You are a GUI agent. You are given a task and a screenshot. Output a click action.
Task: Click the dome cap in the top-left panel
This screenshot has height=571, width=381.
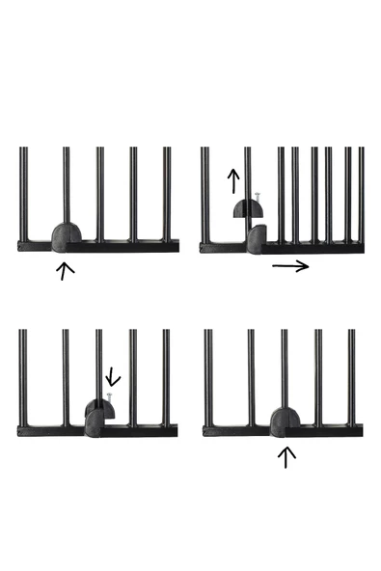(65, 235)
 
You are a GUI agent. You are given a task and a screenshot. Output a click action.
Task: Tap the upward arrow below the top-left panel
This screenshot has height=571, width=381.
(65, 271)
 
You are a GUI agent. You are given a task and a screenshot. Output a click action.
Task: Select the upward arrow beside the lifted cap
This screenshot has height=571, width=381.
(232, 180)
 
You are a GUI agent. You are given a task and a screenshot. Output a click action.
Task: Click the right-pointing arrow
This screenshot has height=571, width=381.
(290, 266)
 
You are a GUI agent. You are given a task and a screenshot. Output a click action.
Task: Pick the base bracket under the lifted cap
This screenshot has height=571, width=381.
(256, 240)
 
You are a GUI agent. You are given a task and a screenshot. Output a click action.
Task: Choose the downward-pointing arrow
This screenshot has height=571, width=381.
(112, 375)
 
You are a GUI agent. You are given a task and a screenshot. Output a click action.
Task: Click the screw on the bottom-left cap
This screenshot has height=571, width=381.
(110, 396)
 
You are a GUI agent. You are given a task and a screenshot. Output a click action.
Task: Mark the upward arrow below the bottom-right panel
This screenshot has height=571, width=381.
(285, 455)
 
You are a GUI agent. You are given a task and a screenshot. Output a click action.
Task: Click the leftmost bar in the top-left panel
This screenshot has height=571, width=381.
(23, 193)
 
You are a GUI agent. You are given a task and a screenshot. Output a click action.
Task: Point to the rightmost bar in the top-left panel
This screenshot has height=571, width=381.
(167, 193)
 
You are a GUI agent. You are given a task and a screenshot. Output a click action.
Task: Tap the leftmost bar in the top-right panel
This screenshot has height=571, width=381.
(205, 193)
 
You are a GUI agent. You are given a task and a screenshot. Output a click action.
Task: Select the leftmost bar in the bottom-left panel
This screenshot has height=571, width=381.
(23, 376)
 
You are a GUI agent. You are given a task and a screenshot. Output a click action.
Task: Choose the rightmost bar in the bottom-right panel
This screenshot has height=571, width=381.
(351, 376)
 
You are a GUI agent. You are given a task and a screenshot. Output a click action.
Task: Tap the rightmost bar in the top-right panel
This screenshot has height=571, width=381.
(361, 193)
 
